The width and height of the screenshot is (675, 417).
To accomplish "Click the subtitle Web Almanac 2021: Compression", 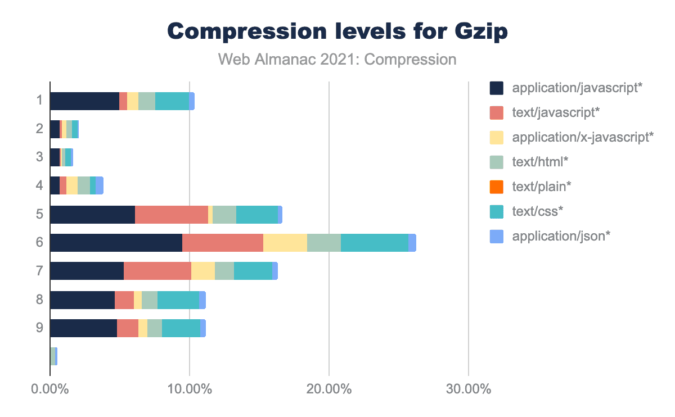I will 337,59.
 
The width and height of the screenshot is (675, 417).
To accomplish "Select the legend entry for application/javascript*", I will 577,88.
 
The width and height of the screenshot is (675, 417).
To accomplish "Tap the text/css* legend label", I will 538,211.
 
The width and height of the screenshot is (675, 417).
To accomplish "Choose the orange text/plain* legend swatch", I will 496,187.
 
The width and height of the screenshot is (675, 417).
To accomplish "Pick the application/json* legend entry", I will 561,236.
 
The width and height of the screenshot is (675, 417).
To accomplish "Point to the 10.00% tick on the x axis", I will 190,389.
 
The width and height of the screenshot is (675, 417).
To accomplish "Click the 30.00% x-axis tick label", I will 468,389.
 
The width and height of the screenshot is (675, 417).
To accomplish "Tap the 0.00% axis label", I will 50,389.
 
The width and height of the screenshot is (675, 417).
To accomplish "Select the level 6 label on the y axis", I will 39,242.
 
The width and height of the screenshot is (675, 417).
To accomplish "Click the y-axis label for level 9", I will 39,327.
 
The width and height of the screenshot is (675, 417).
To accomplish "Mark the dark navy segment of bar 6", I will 116,242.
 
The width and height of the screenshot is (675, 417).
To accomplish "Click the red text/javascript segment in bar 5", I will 172,215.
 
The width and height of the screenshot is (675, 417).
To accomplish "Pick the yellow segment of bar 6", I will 285,242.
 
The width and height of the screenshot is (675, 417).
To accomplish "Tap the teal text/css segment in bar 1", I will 172,101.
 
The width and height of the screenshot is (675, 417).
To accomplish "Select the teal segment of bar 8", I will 178,300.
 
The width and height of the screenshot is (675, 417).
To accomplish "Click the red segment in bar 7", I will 157,271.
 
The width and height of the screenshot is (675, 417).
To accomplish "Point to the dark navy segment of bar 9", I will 83,328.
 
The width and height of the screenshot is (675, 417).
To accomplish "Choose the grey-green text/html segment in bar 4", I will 84,185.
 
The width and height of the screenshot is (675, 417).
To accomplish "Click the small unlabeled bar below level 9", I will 53,356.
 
